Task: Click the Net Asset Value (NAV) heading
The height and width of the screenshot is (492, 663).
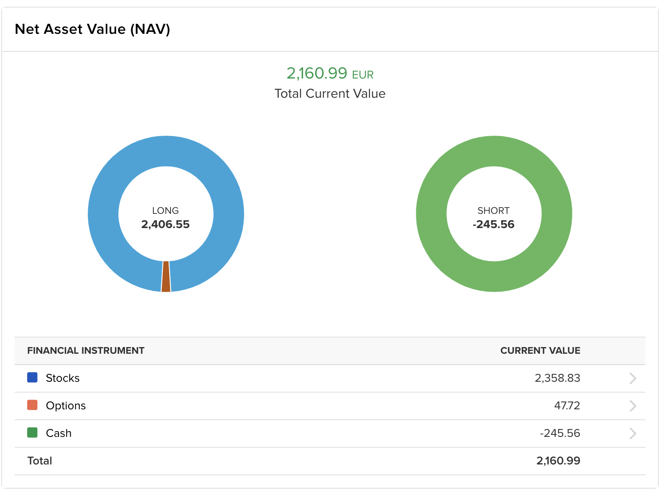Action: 92,30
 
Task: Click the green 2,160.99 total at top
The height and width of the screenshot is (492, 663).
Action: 316,74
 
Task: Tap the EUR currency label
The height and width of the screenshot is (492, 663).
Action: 362,75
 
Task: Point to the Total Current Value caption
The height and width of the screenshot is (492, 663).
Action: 330,94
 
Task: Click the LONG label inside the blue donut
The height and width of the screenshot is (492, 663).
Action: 165,210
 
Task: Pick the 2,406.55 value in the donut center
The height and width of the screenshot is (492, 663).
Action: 165,224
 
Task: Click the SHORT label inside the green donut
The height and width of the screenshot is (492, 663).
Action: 493,210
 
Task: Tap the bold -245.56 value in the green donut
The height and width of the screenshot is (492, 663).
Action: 493,224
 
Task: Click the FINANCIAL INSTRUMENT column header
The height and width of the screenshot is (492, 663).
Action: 86,350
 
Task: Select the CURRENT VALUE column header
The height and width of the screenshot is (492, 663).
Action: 540,350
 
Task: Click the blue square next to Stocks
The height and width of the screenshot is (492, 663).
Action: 32,378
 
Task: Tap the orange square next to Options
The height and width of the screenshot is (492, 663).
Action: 32,405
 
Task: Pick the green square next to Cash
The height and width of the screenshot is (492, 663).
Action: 32,433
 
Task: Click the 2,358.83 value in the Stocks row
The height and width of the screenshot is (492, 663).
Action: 557,378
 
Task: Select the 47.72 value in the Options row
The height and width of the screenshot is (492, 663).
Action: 567,406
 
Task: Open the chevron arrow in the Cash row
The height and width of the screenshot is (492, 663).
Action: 632,434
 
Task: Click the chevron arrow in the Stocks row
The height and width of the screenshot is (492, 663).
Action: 632,378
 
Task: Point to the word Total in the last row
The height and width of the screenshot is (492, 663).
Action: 40,461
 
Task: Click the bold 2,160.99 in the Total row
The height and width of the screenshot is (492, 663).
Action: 558,461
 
